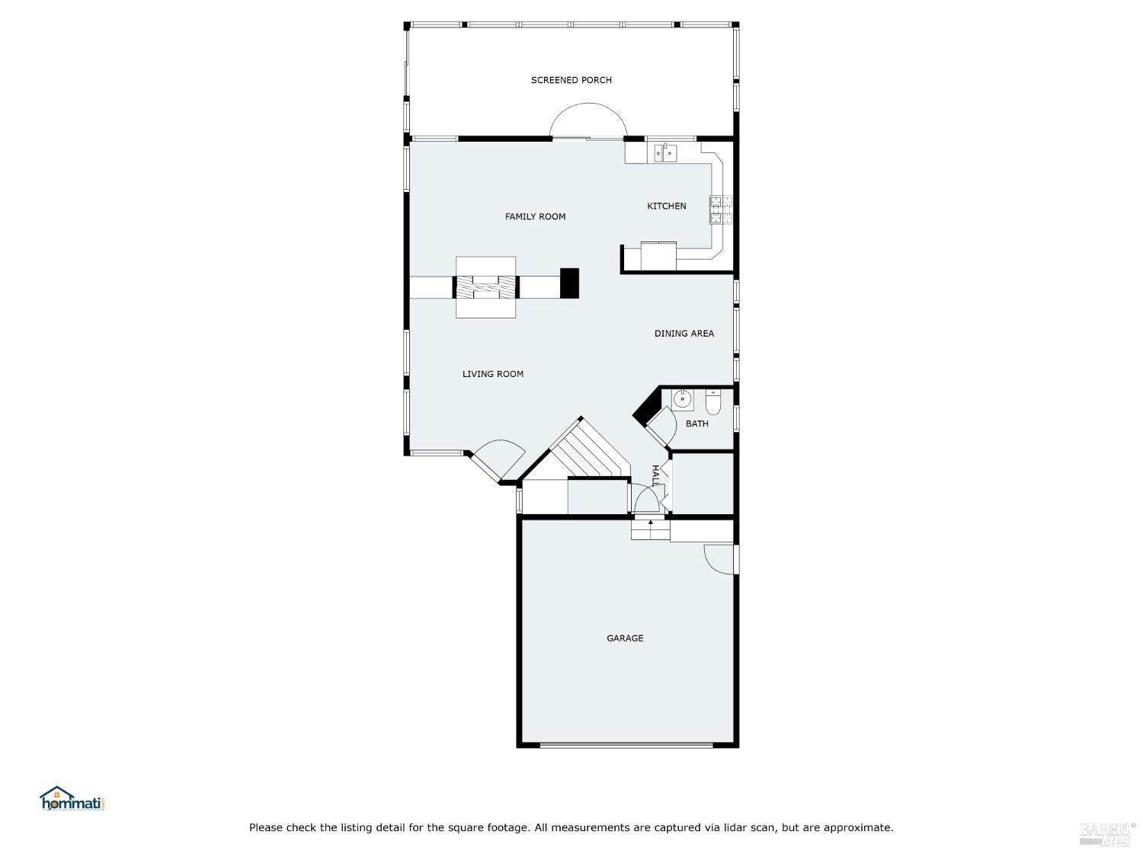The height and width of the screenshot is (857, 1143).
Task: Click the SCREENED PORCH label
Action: pos(571,80)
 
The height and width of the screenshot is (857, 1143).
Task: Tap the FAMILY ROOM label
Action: pos(535,216)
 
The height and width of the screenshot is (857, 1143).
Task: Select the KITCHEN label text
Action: pos(666,206)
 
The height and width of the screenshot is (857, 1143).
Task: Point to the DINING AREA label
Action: pos(684,334)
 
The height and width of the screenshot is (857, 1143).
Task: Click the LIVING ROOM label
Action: pos(492,373)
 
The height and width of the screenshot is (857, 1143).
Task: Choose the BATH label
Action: pos(696,424)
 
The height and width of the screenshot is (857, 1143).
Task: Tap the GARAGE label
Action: pos(625,638)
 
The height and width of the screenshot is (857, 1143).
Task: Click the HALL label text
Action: pos(655,475)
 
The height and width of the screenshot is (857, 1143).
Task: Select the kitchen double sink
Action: pos(665,153)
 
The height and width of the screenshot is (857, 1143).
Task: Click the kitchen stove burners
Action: pos(721,209)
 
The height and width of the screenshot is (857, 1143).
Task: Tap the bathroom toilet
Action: pos(713,402)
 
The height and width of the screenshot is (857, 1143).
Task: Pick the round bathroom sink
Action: pos(682,399)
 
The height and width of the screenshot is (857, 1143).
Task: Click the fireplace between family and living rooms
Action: pos(486,287)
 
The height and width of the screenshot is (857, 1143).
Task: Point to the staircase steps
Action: pos(589,451)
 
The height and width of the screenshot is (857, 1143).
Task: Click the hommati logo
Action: pos(72,798)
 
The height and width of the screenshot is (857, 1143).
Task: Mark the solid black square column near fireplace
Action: pos(569,283)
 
